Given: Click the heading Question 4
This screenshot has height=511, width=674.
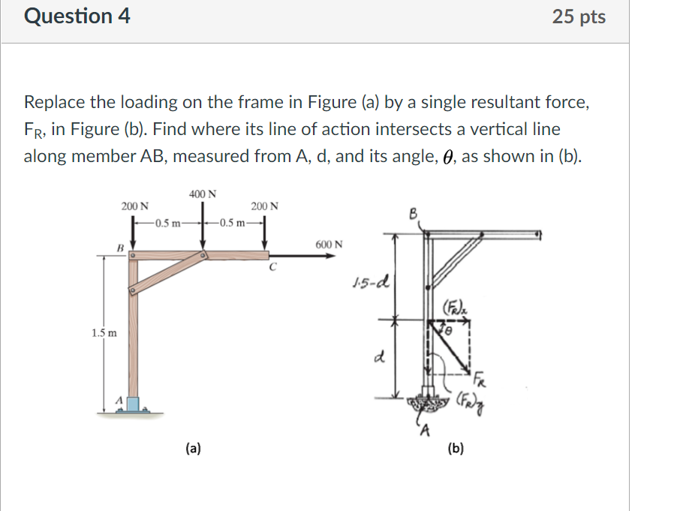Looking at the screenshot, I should tap(77, 16).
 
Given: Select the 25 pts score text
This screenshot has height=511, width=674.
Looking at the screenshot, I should tap(578, 17).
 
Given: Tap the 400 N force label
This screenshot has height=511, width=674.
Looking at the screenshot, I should tap(203, 194).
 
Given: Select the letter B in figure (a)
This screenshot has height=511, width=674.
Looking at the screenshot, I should tap(119, 247).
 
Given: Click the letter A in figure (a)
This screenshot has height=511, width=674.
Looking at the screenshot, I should tap(118, 400).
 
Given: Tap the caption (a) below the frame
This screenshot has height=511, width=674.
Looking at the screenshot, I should tap(193, 449).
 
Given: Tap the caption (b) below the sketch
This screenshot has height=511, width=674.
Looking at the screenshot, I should tap(455, 449).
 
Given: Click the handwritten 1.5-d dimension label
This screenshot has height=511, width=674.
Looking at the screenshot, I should tap(369, 284).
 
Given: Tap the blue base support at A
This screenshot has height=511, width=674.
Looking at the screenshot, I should tap(134, 404).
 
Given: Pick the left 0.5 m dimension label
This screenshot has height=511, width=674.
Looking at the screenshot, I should tap(166, 223).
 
